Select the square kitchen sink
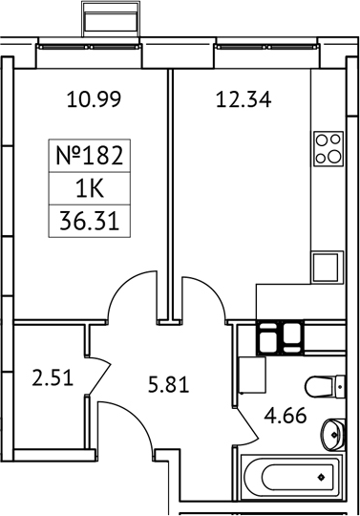[326, 263]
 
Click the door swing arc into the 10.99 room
[131, 296]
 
